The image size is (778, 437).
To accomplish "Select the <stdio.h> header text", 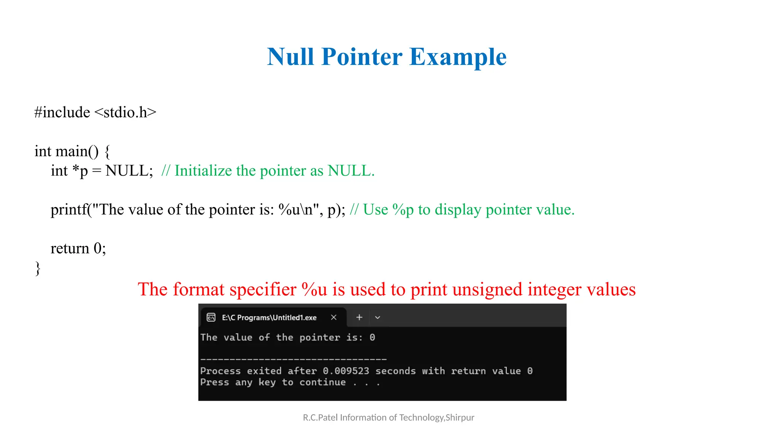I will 125,112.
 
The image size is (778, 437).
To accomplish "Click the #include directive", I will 62,112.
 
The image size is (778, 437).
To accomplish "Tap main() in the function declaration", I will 77,151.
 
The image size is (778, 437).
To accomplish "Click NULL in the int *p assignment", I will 129,171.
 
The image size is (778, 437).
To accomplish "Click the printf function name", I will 69,210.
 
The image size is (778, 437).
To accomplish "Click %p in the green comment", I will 403,210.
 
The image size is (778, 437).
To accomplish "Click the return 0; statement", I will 78,248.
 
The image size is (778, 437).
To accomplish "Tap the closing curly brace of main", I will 38,268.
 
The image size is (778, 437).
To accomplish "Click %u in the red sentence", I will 314,289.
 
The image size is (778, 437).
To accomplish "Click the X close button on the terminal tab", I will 334,318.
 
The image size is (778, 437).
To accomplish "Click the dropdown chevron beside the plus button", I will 377,318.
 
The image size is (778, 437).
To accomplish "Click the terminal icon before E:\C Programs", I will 211,318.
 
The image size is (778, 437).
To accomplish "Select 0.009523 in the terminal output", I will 346,371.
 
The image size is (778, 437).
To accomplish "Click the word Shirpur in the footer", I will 460,418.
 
